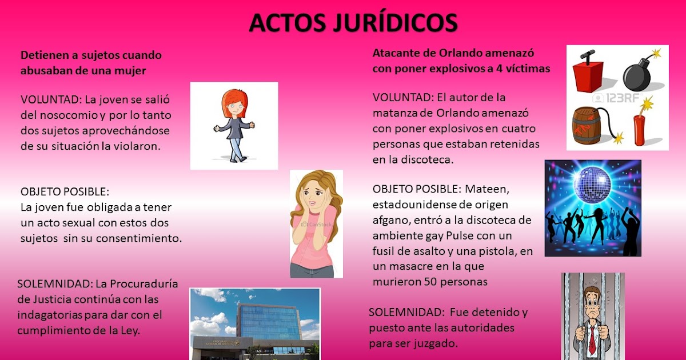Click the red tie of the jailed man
593,337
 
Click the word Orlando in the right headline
464,53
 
